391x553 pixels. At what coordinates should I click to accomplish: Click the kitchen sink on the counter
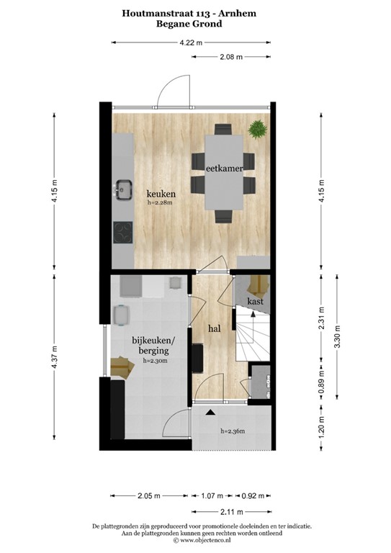tap(124, 189)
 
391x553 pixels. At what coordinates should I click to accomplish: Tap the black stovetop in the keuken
tap(123, 233)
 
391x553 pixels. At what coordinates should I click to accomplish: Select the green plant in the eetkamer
tap(256, 130)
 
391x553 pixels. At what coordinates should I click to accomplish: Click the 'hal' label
tap(214, 328)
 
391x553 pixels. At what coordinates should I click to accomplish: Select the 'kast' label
tap(254, 300)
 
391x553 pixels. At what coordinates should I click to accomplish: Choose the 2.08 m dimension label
tap(230, 56)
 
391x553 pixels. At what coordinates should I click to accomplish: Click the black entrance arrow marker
tap(210, 412)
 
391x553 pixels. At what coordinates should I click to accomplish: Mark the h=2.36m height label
tap(233, 431)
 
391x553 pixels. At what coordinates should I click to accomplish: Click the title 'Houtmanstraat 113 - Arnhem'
tap(189, 12)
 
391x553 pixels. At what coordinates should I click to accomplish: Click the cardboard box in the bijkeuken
tap(122, 367)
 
